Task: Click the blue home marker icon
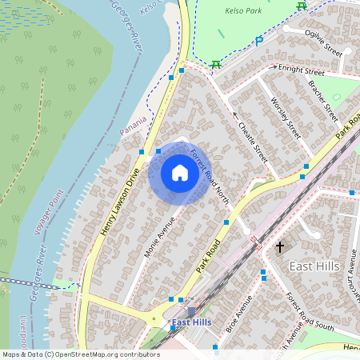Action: tap(179, 173)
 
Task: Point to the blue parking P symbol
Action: tap(258, 42)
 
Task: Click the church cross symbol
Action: tap(280, 248)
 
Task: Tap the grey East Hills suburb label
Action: tap(314, 266)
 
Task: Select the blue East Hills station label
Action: tap(192, 322)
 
